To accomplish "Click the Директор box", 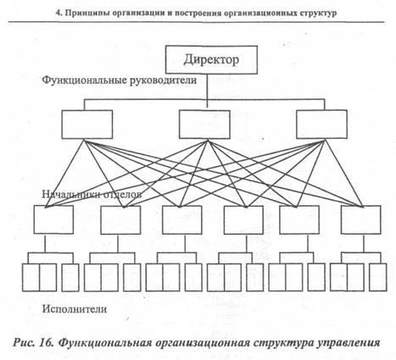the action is [x=211, y=60].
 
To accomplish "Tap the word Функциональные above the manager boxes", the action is [x=84, y=80].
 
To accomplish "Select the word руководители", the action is [x=163, y=80].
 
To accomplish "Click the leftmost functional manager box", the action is [x=87, y=125].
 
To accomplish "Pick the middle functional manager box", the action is [x=204, y=125].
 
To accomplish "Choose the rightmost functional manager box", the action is [x=321, y=125].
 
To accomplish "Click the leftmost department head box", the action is [x=53, y=219].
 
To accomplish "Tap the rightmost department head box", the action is [x=360, y=219].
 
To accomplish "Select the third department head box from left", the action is [x=182, y=219].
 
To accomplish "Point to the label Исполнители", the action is [x=75, y=309].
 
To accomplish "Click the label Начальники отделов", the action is [x=92, y=194].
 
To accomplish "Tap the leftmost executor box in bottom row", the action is [x=31, y=278].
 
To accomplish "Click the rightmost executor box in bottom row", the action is [x=377, y=277].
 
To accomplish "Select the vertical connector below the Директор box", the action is [x=208, y=91].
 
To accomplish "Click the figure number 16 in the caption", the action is [x=46, y=343].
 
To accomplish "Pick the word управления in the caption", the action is [x=349, y=343].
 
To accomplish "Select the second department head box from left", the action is [x=120, y=219].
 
